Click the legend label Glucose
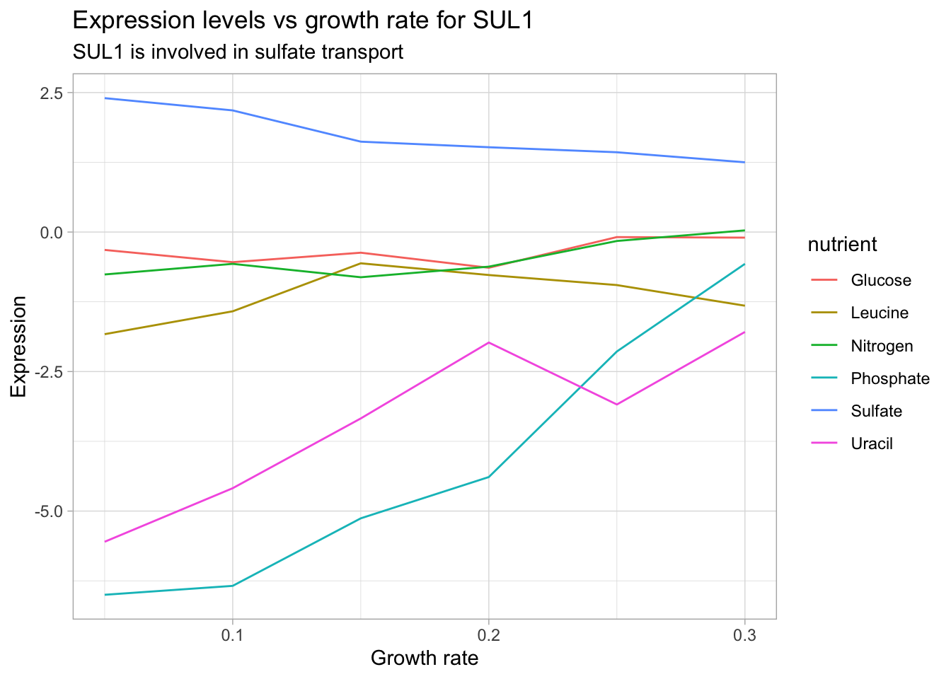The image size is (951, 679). [x=881, y=281]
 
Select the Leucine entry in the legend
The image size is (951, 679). [x=880, y=313]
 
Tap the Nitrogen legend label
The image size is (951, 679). [x=882, y=346]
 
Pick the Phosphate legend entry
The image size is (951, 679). [x=890, y=378]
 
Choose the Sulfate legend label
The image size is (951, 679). [x=877, y=411]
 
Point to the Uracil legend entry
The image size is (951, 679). [x=872, y=443]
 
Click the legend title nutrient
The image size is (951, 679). [x=842, y=245]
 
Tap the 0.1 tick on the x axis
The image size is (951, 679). [x=232, y=634]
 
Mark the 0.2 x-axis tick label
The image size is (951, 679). [x=488, y=634]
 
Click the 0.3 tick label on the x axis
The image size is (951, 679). [x=744, y=634]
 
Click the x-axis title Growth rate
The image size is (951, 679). [x=425, y=658]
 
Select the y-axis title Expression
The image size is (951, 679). [x=18, y=347]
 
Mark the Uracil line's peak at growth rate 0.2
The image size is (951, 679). [x=488, y=342]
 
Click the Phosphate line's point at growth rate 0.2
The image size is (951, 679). [x=488, y=477]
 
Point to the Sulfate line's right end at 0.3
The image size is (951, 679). [x=744, y=162]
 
